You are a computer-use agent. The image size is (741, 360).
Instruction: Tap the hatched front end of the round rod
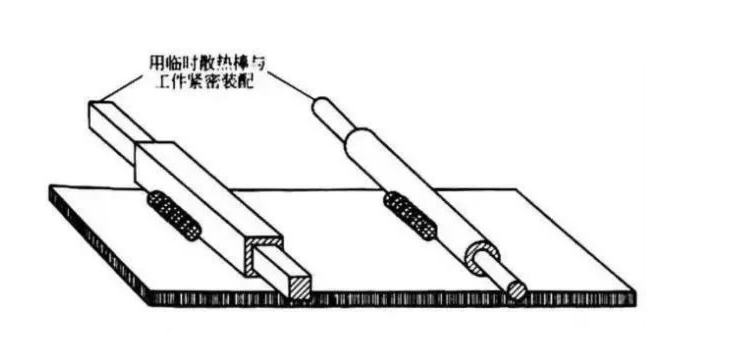click(x=517, y=290)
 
